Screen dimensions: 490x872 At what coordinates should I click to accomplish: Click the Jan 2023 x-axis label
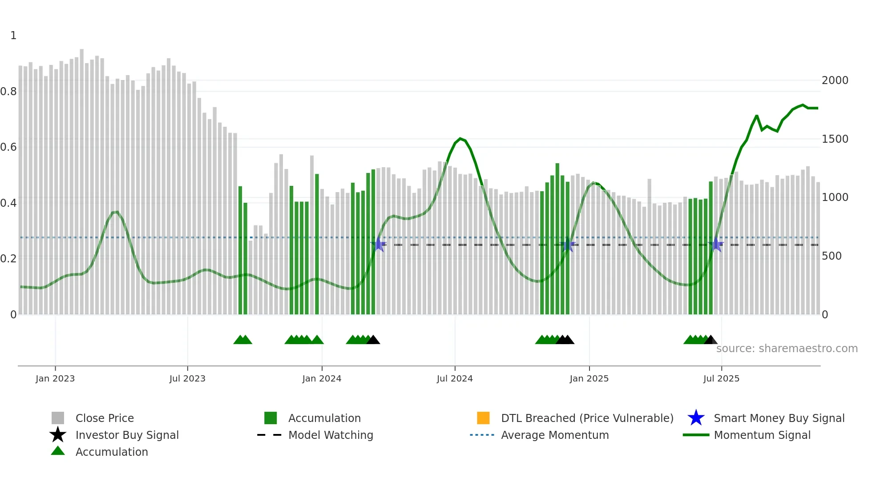[x=55, y=378]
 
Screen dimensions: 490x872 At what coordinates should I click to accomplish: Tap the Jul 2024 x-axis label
[x=455, y=378]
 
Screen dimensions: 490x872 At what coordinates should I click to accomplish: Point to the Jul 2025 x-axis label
[x=721, y=378]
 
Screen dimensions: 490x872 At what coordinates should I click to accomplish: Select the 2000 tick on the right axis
[x=835, y=80]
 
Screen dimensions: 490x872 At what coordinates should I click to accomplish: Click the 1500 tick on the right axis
[x=835, y=139]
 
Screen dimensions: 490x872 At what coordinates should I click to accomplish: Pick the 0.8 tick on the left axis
[x=9, y=92]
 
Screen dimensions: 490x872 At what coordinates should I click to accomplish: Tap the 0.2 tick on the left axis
[x=9, y=259]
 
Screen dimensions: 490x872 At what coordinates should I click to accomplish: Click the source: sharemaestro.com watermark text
[x=787, y=349]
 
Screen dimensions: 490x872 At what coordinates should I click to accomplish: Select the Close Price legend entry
[x=105, y=418]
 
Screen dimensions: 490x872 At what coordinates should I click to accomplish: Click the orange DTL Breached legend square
[x=483, y=418]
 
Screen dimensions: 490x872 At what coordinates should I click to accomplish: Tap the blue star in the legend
[x=696, y=418]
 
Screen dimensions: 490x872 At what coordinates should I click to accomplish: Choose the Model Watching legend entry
[x=331, y=435]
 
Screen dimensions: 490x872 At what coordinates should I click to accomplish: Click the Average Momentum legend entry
[x=555, y=435]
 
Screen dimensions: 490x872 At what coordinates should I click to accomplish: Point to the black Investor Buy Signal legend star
[x=58, y=435]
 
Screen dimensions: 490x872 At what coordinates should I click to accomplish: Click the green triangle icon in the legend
[x=58, y=451]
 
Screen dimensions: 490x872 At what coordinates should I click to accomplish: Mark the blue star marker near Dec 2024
[x=568, y=245]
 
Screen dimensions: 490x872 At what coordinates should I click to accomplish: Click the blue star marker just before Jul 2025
[x=716, y=245]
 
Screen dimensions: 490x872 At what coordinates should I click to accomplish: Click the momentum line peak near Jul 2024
[x=460, y=138]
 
